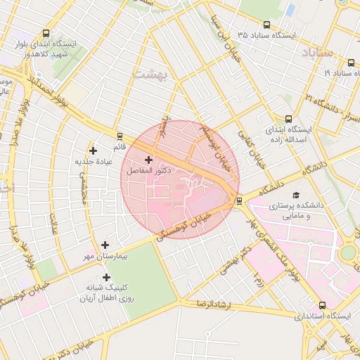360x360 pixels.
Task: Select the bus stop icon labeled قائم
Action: click(x=120, y=136)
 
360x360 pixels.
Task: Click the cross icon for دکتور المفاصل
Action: click(x=148, y=160)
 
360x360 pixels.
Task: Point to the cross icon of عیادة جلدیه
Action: click(x=93, y=150)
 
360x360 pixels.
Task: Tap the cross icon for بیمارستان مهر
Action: click(x=105, y=245)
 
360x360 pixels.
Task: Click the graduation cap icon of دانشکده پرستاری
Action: click(x=296, y=195)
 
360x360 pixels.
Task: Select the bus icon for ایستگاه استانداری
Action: click(x=323, y=306)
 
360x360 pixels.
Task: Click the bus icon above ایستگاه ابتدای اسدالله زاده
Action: click(x=288, y=120)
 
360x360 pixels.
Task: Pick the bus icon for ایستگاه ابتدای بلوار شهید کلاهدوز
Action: click(x=46, y=33)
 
